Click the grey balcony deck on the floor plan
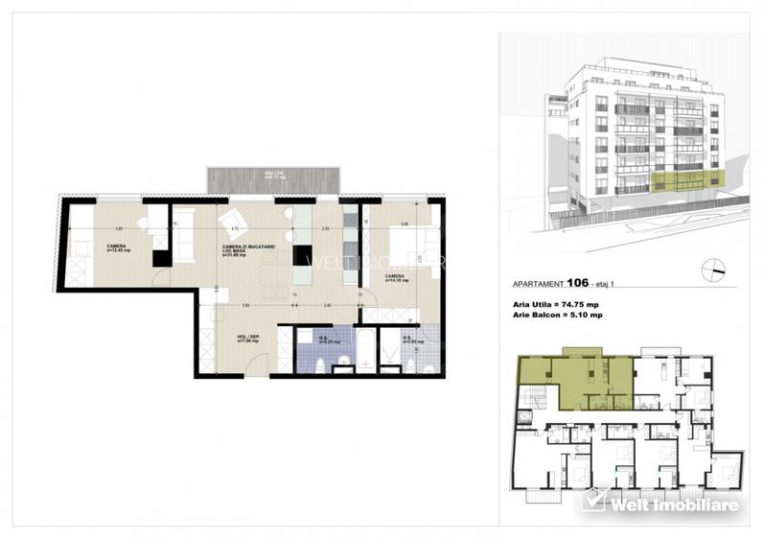(273, 180)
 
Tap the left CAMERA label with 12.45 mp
(118, 248)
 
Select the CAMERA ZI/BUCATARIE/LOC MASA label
(248, 251)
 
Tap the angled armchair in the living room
(233, 224)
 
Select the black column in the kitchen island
(303, 254)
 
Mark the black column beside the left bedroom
(161, 257)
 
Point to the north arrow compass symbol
(713, 269)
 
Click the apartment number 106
(577, 284)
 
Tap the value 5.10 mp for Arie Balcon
(585, 314)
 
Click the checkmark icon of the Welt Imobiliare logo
(593, 500)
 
